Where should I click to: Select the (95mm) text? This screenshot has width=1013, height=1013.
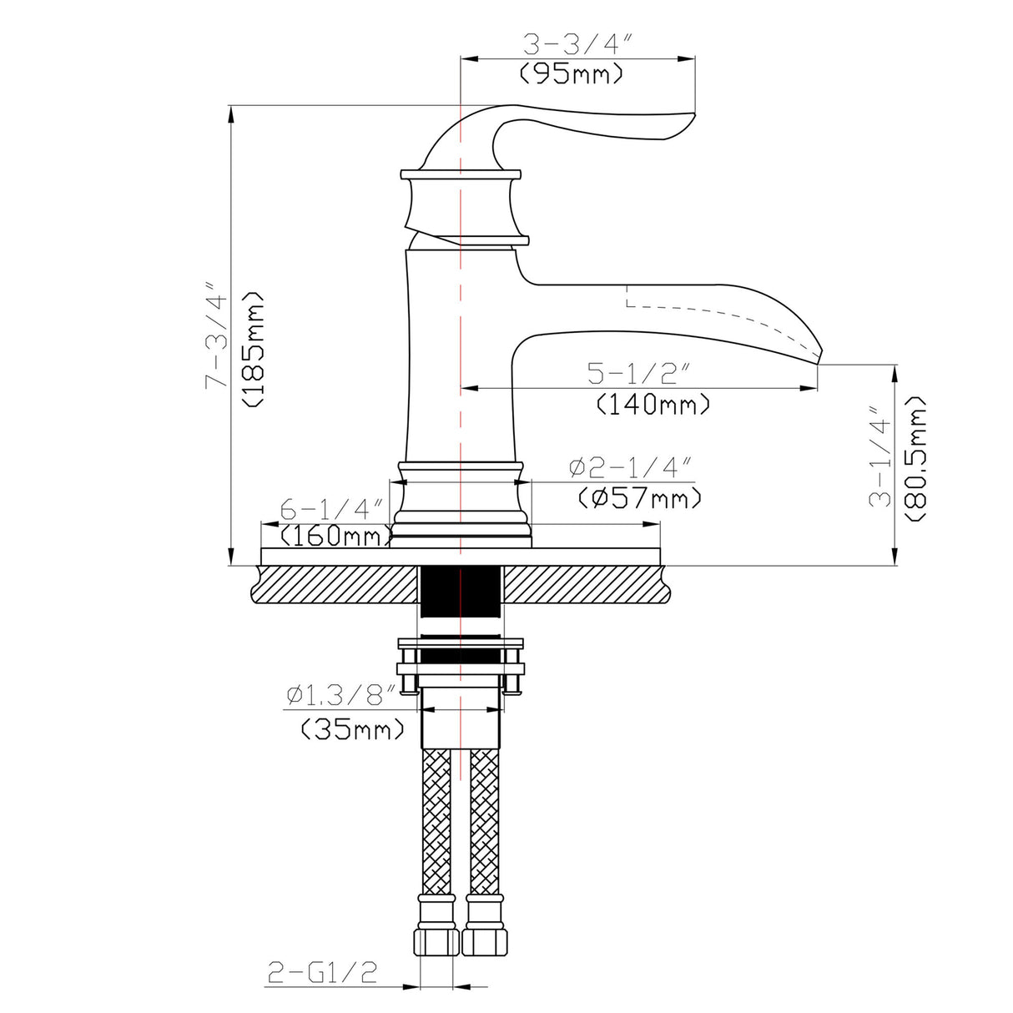click(572, 74)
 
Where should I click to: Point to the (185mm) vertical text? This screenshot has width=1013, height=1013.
click(252, 349)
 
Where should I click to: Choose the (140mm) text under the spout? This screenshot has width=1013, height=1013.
click(653, 405)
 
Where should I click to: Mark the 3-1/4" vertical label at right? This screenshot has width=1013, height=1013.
click(881, 457)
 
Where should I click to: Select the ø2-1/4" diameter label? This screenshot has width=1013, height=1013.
click(631, 467)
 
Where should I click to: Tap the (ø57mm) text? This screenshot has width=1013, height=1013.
click(639, 498)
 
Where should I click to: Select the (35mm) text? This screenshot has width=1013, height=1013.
click(353, 730)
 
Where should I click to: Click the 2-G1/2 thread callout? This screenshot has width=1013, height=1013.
click(322, 972)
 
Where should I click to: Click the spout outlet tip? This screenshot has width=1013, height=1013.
click(819, 359)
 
